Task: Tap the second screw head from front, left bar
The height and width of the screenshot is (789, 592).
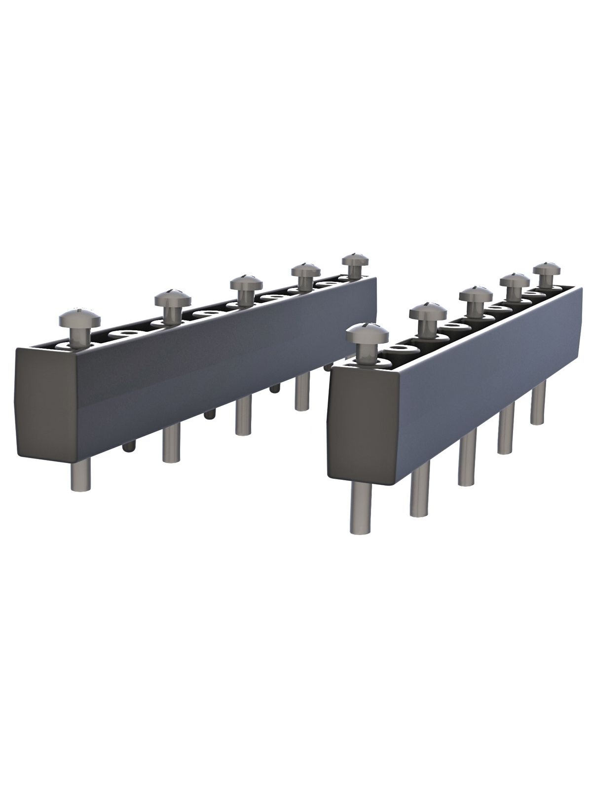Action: tap(172, 298)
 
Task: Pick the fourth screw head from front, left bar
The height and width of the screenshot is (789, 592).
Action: tap(305, 271)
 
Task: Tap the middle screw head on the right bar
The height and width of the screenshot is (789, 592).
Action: tap(476, 296)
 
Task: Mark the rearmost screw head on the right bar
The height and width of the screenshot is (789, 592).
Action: tap(546, 271)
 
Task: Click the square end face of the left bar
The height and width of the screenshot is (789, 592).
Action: tap(47, 405)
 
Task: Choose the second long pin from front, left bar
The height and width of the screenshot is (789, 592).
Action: tap(171, 443)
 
